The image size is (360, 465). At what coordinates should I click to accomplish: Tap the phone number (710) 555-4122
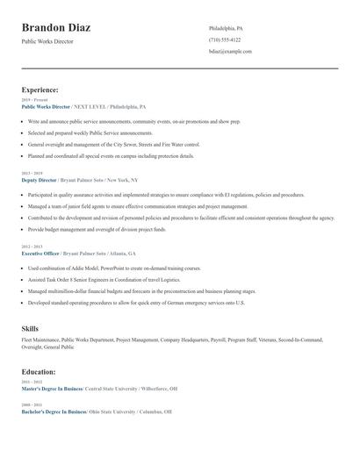click(x=225, y=39)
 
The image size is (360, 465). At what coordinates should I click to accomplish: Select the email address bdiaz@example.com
click(x=230, y=51)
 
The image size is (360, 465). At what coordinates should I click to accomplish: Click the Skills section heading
click(x=30, y=328)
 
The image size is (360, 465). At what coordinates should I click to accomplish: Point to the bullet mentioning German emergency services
click(x=136, y=302)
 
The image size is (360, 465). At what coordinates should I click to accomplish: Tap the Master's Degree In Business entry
click(x=52, y=388)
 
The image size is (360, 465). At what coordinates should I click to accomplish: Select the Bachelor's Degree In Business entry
click(x=53, y=411)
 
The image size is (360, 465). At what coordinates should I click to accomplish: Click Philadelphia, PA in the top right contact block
click(x=226, y=28)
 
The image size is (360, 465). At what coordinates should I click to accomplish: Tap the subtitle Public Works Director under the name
click(x=47, y=41)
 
